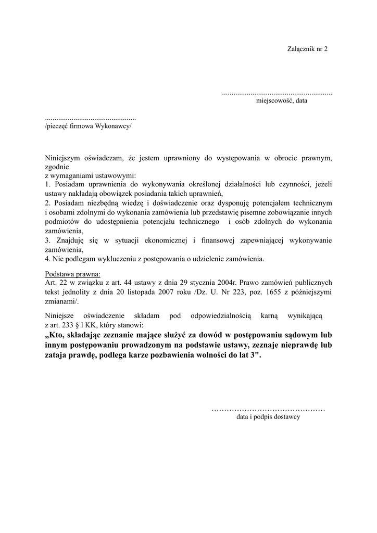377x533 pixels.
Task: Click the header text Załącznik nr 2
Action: click(x=307, y=49)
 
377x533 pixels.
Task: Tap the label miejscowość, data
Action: click(x=281, y=101)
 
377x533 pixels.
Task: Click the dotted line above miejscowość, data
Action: click(x=277, y=93)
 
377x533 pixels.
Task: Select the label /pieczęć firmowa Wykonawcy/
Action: click(x=89, y=126)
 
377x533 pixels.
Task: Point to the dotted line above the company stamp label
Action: click(x=91, y=119)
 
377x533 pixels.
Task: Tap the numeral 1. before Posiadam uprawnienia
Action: click(x=47, y=184)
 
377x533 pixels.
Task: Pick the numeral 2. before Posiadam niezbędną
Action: click(x=47, y=202)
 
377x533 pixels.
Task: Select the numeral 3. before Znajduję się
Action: click(x=47, y=240)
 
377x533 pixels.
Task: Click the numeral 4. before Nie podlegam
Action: click(x=47, y=259)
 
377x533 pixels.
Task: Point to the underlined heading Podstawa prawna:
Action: click(x=73, y=273)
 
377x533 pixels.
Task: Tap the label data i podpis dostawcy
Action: click(x=268, y=417)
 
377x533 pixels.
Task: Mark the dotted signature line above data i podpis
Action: click(x=268, y=410)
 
